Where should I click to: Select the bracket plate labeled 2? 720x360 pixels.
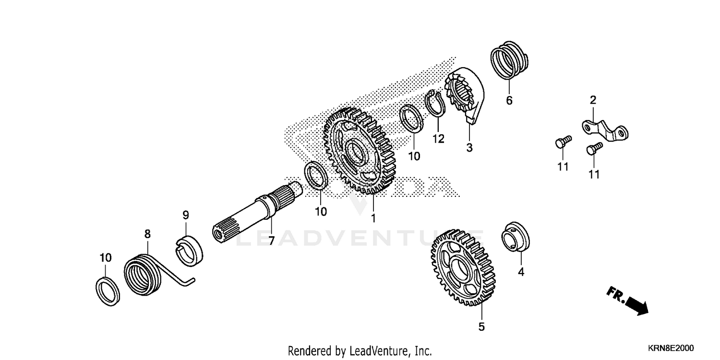pos(605,131)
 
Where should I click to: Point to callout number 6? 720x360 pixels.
pos(509,100)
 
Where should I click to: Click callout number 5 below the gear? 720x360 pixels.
pos(481,327)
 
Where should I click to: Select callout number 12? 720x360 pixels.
pos(438,139)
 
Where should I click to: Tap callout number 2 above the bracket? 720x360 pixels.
pos(593,100)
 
